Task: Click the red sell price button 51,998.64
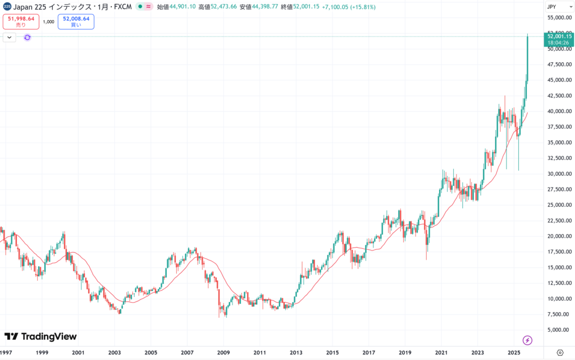click(x=21, y=21)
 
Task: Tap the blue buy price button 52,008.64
click(x=75, y=21)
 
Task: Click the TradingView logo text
click(x=40, y=336)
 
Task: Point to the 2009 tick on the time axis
click(x=223, y=352)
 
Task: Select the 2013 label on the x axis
click(x=296, y=352)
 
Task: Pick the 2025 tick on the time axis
click(x=514, y=352)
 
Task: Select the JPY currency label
click(x=553, y=7)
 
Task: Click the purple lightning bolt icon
click(x=527, y=340)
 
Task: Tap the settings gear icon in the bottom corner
click(x=559, y=352)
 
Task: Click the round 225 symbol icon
click(x=7, y=7)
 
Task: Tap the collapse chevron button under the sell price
click(x=10, y=37)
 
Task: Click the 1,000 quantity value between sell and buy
click(x=48, y=22)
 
